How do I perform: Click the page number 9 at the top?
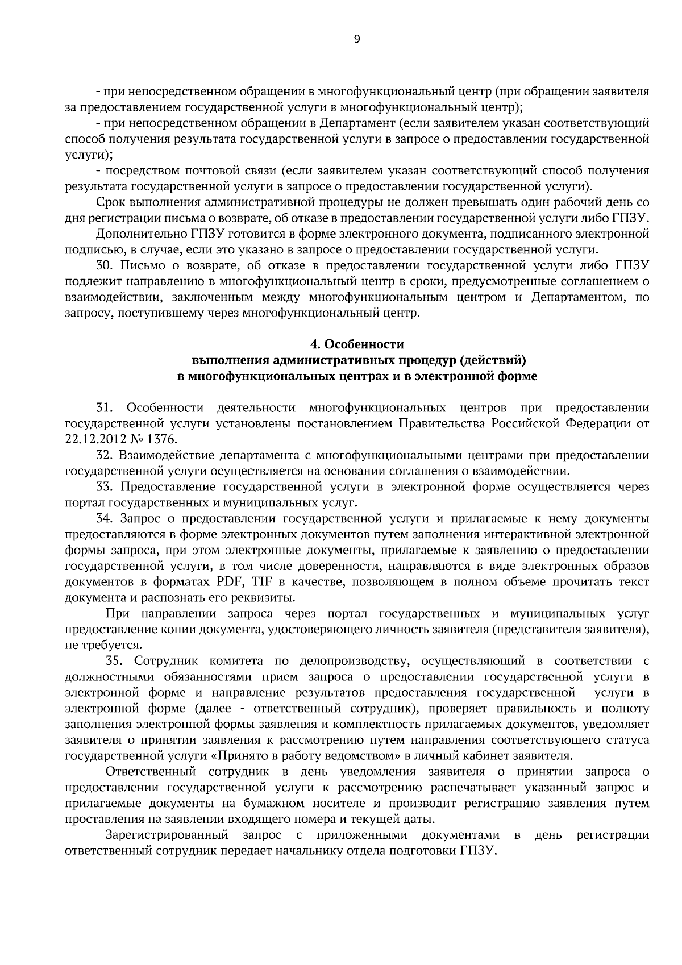click(357, 39)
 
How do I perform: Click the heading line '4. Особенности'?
click(357, 344)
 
